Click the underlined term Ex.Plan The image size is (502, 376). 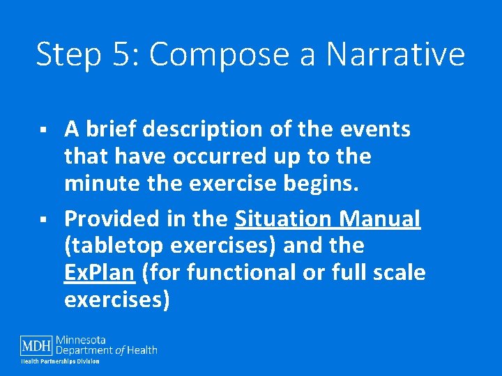pos(98,273)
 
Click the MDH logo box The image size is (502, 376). pos(36,345)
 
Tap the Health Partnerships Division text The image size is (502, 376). pos(60,361)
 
